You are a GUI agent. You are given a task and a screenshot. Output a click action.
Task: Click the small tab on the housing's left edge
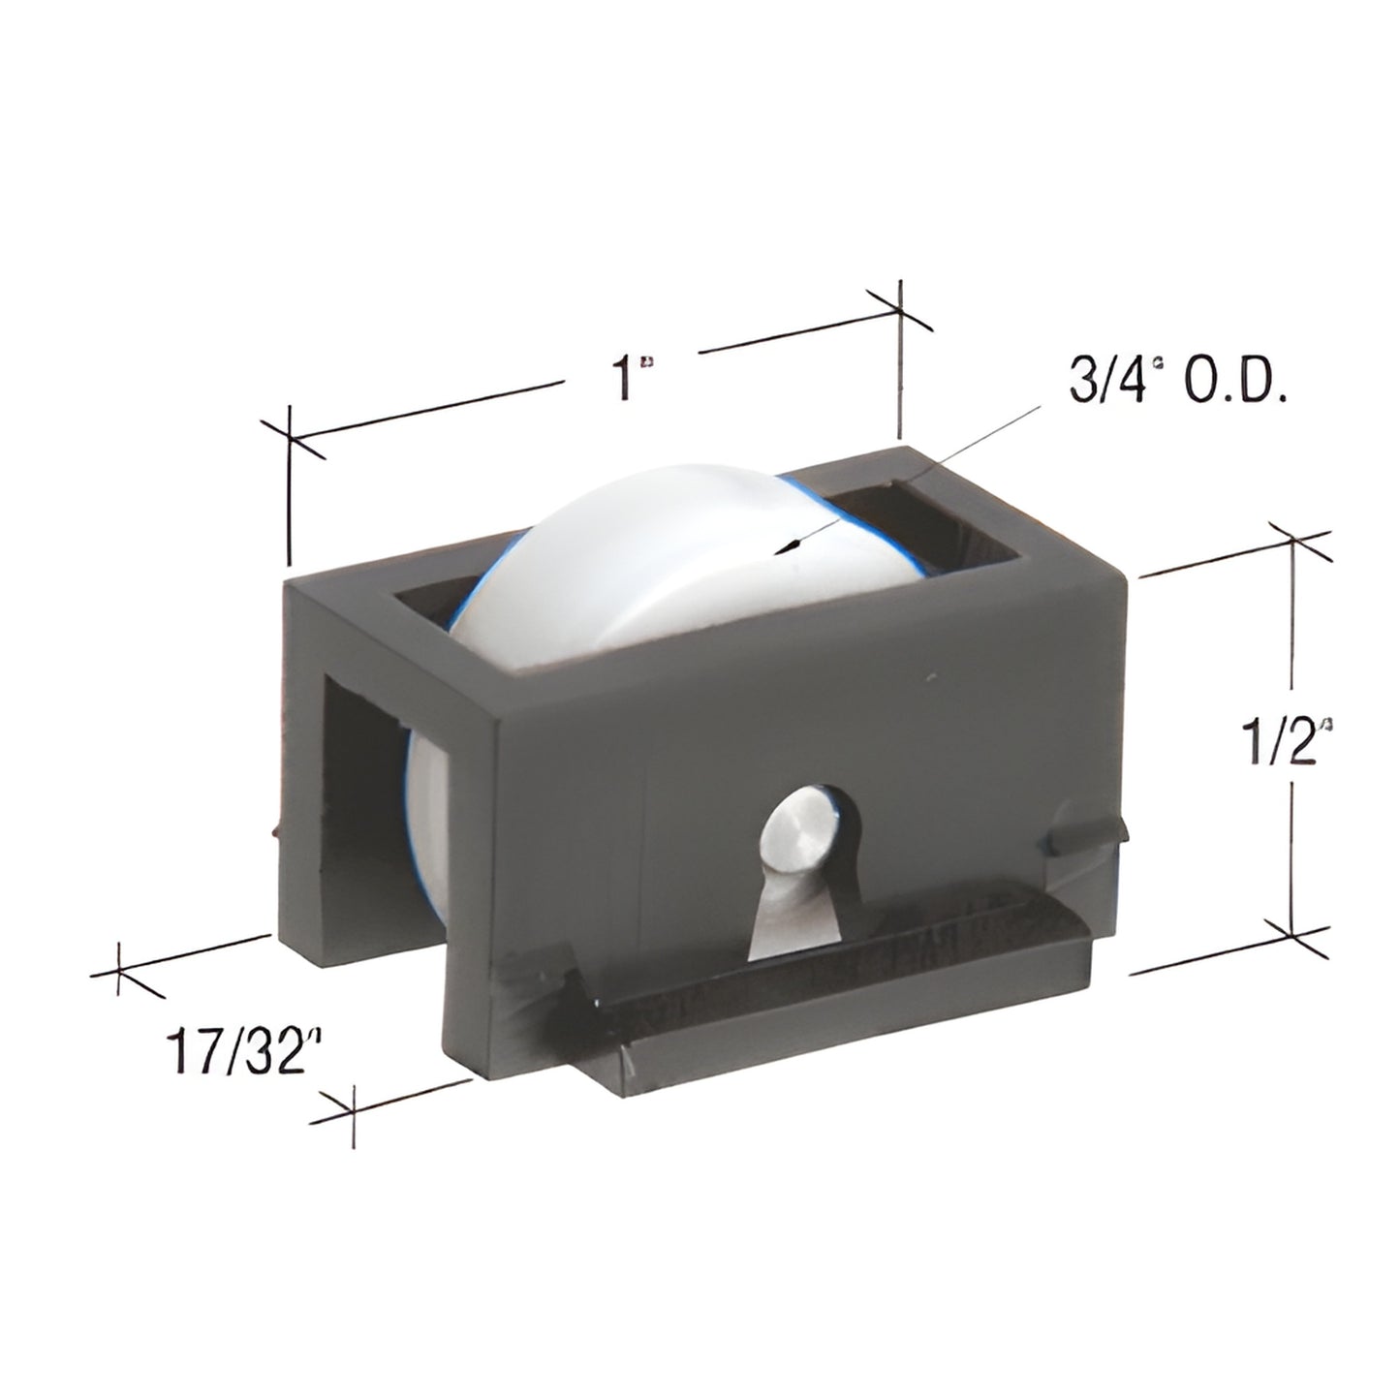pos(277,830)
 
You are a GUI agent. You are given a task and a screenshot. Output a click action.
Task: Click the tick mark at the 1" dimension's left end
pos(290,441)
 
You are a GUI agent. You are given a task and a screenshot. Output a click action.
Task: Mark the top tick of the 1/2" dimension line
pos(1293,539)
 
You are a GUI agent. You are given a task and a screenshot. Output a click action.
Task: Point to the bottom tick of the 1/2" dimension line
pos(1293,930)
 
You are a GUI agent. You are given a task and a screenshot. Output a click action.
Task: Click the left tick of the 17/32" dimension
pos(118,972)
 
